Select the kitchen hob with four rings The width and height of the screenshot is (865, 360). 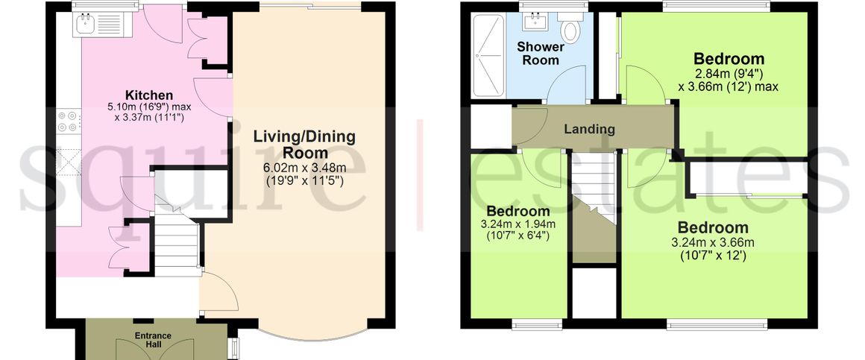click(x=69, y=121)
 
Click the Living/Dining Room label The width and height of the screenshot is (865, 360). click(x=304, y=145)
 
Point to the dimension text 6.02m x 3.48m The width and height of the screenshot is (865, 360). click(x=304, y=168)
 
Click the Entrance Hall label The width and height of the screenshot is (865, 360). click(x=154, y=340)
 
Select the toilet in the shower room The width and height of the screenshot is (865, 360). click(x=568, y=28)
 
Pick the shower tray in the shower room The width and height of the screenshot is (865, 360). click(x=488, y=55)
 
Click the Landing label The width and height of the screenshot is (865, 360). click(x=589, y=129)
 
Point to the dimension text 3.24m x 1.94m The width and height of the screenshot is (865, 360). click(x=518, y=224)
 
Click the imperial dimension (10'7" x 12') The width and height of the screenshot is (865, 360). click(x=713, y=256)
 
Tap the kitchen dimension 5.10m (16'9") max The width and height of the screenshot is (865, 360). click(x=148, y=107)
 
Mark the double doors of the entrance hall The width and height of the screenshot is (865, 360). click(x=154, y=349)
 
